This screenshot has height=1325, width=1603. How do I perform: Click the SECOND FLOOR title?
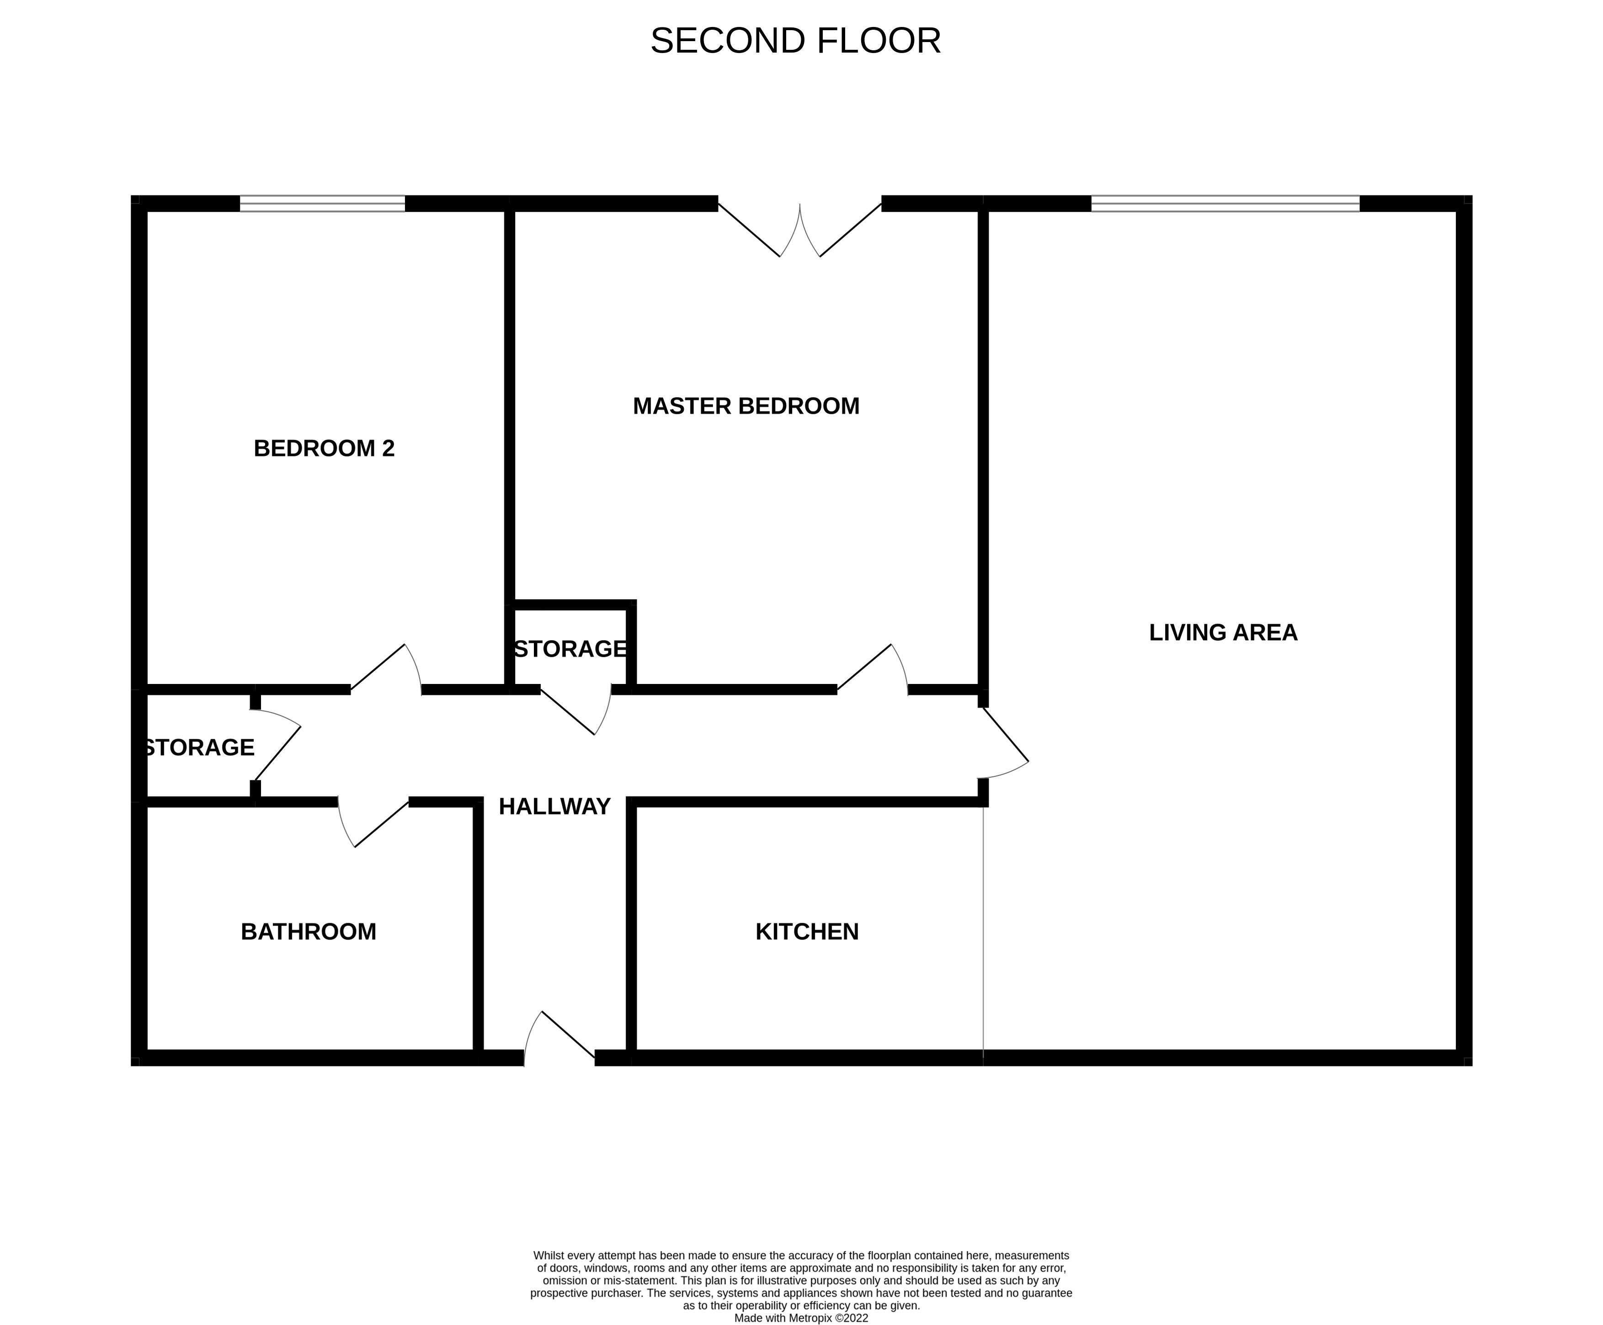[795, 41]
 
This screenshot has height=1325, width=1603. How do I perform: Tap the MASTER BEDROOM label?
[746, 406]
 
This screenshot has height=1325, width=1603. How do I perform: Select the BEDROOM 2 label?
[324, 448]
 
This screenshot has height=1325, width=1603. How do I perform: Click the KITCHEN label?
[806, 931]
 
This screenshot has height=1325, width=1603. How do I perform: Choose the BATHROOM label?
[308, 931]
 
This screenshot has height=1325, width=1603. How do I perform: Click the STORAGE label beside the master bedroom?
[570, 649]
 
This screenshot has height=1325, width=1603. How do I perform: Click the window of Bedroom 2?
[322, 204]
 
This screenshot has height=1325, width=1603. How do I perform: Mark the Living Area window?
[1225, 204]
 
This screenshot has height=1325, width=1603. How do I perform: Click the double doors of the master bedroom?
[799, 229]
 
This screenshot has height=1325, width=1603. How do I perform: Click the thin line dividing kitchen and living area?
[983, 931]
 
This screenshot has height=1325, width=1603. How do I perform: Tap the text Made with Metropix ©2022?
[800, 1318]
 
